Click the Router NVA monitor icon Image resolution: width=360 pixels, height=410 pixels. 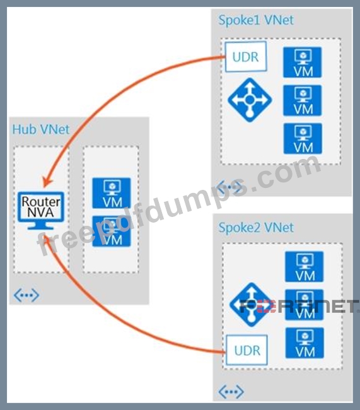[x=41, y=211]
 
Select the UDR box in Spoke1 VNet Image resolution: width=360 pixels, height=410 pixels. [x=246, y=57]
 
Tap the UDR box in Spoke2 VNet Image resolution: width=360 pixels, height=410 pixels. [x=247, y=350]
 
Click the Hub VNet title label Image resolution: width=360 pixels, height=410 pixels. [x=41, y=129]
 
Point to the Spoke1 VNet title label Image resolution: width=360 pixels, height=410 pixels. [x=256, y=20]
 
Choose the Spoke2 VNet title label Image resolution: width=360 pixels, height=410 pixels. [x=256, y=228]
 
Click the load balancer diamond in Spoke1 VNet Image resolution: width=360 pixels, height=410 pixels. [x=250, y=100]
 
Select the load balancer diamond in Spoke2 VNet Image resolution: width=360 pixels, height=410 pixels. [x=252, y=305]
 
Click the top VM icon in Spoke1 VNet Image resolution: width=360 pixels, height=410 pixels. [x=303, y=62]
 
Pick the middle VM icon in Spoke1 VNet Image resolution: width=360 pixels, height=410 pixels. [x=303, y=100]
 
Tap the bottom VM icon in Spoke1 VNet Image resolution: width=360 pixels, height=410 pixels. [x=303, y=139]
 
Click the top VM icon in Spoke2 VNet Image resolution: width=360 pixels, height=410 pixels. [x=305, y=267]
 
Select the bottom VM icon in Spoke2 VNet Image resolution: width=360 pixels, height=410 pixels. [x=305, y=343]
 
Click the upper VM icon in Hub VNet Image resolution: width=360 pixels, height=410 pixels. [x=112, y=193]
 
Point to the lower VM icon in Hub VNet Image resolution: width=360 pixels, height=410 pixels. [x=112, y=231]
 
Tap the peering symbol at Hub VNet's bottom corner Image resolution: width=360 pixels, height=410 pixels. [x=26, y=295]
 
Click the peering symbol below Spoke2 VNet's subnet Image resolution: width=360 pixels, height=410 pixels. [x=231, y=392]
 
